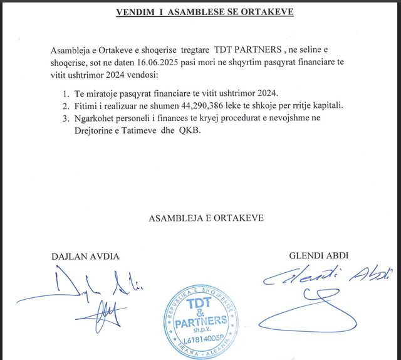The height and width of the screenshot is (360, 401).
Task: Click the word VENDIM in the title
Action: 132,13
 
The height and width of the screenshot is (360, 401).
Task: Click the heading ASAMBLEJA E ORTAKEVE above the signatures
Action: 206,218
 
